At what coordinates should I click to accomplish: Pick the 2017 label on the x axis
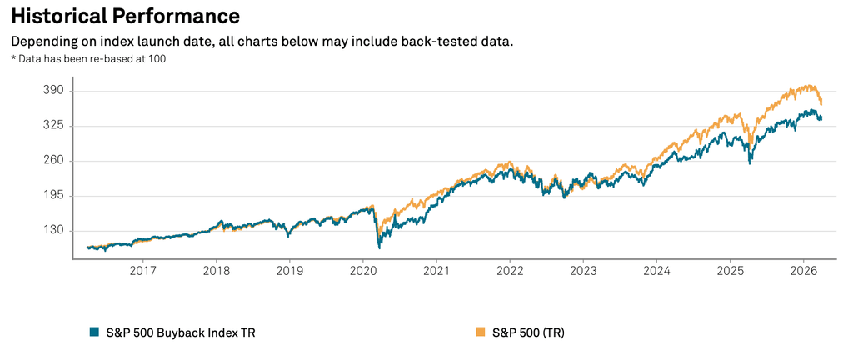coord(143,271)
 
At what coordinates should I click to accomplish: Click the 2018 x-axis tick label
coord(217,271)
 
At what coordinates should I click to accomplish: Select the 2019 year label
coord(290,271)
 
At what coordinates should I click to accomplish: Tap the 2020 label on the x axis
coord(363,271)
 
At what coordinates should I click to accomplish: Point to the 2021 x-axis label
coord(436,271)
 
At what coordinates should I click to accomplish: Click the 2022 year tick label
coord(510,271)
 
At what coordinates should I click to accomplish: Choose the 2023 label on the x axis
coord(583,271)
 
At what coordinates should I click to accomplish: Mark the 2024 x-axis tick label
coord(656,271)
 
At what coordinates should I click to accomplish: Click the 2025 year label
coord(730,271)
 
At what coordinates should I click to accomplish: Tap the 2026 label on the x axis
coord(803,271)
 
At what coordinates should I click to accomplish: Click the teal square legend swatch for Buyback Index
coord(94,332)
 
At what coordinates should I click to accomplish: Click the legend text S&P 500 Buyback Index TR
coord(179,332)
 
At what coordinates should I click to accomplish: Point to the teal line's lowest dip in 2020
coord(380,247)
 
